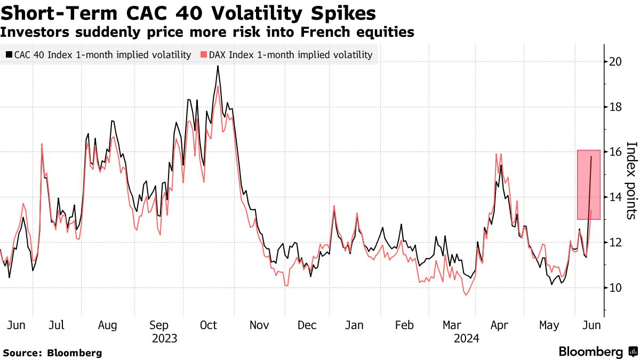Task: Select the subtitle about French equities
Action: coord(207,32)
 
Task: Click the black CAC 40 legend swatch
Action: coord(9,55)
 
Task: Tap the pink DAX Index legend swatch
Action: coord(204,55)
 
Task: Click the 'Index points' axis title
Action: coord(631,180)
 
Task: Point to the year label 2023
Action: coord(164,338)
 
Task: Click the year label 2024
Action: coord(466,338)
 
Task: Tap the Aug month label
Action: coord(107,325)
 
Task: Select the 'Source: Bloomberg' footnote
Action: coord(52,353)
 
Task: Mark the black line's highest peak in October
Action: coord(218,66)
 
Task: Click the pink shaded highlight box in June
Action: coord(589,184)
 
